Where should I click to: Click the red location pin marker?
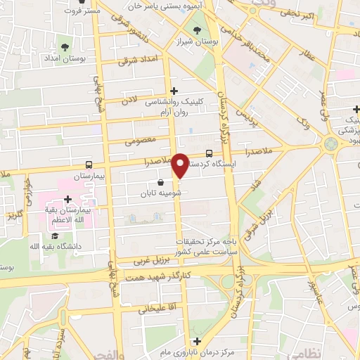[x=181, y=166]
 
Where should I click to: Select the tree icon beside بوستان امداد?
[x=65, y=47]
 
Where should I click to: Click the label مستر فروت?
[x=78, y=11]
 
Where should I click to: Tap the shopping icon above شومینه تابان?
[x=161, y=182]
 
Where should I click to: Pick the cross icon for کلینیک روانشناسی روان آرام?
[x=174, y=91]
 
